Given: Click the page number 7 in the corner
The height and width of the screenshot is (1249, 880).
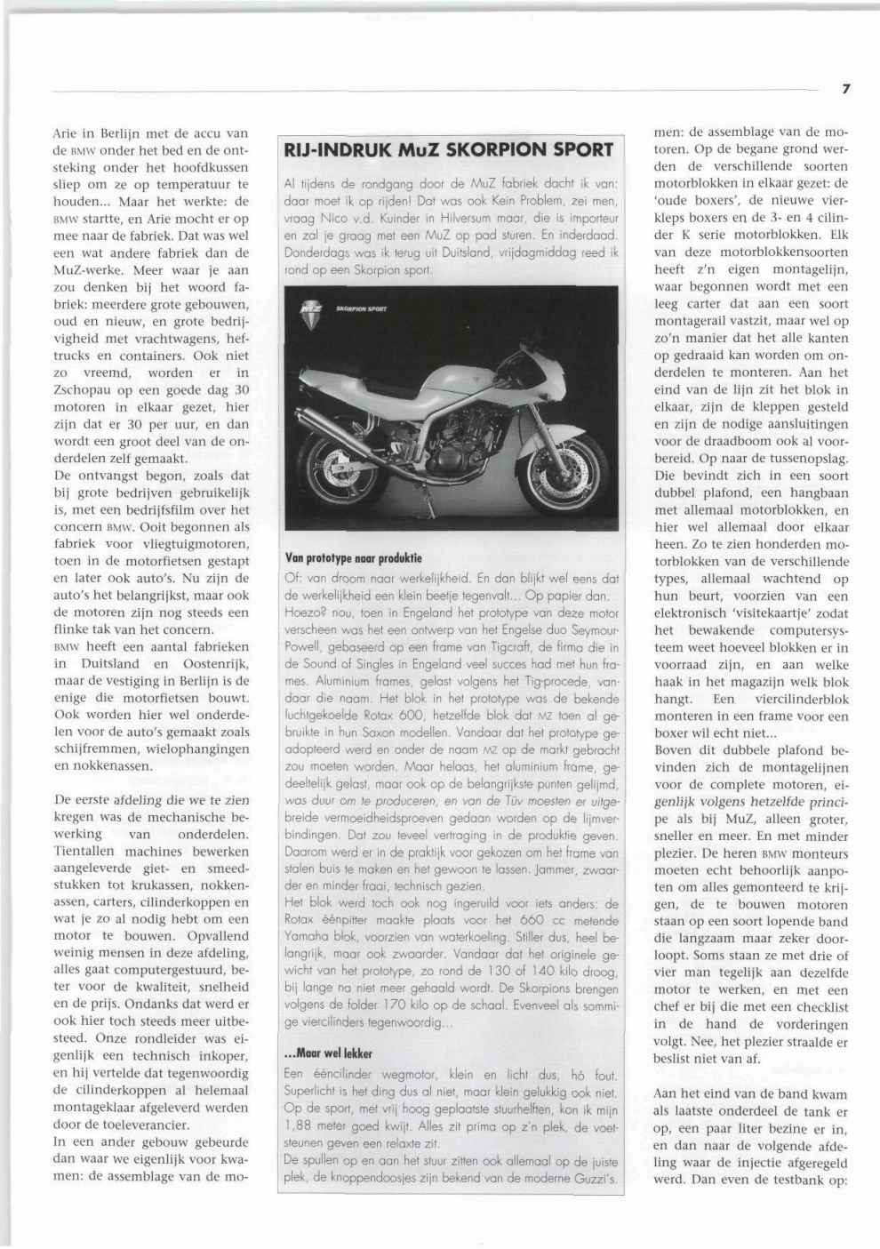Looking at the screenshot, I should point(847,88).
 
